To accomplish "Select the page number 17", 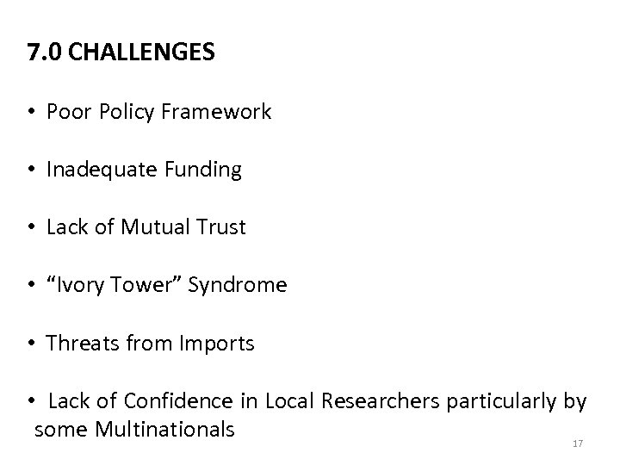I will pyautogui.click(x=578, y=443).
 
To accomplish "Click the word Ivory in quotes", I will pyautogui.click(x=84, y=286).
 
